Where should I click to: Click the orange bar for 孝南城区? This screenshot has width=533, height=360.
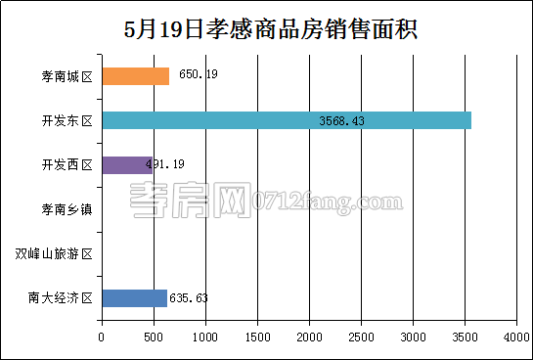pos(135,75)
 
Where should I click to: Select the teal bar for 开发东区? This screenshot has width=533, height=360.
pos(287,120)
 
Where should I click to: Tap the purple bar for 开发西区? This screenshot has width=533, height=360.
pos(126,164)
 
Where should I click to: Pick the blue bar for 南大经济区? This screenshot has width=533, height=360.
pos(134,298)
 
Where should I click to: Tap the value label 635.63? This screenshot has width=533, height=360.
pos(189,298)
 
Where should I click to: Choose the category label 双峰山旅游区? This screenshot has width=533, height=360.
pos(55,254)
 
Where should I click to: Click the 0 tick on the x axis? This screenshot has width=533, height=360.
pos(102,337)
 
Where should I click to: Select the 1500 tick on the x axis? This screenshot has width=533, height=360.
pos(257,337)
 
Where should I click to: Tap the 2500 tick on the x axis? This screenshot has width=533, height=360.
pos(361,337)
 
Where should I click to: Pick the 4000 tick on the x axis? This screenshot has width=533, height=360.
pos(515,337)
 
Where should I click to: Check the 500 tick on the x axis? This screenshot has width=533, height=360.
pos(154,337)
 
